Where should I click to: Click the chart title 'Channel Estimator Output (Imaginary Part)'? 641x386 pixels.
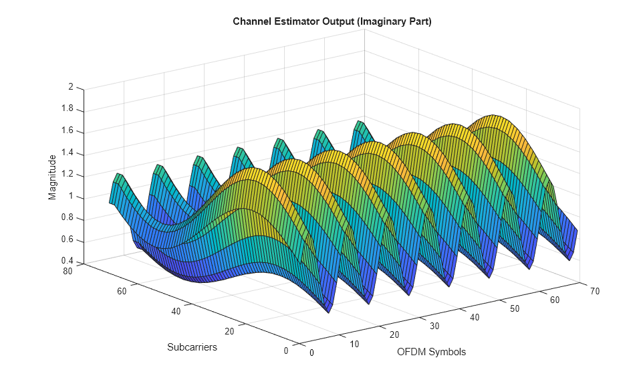(332, 22)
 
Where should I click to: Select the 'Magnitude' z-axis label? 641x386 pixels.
(53, 177)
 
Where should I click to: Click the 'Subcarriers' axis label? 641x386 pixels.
(192, 347)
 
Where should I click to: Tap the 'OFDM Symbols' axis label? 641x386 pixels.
(431, 352)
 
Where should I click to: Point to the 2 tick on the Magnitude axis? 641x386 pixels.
(70, 87)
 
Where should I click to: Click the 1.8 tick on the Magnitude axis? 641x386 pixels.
(67, 109)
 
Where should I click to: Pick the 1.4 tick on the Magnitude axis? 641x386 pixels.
(67, 153)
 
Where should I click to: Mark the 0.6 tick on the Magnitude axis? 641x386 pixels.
(67, 241)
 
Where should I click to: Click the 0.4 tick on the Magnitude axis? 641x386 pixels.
(67, 261)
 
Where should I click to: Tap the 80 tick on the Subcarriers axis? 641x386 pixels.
(67, 271)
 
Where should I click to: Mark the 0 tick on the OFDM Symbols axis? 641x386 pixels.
(311, 354)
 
